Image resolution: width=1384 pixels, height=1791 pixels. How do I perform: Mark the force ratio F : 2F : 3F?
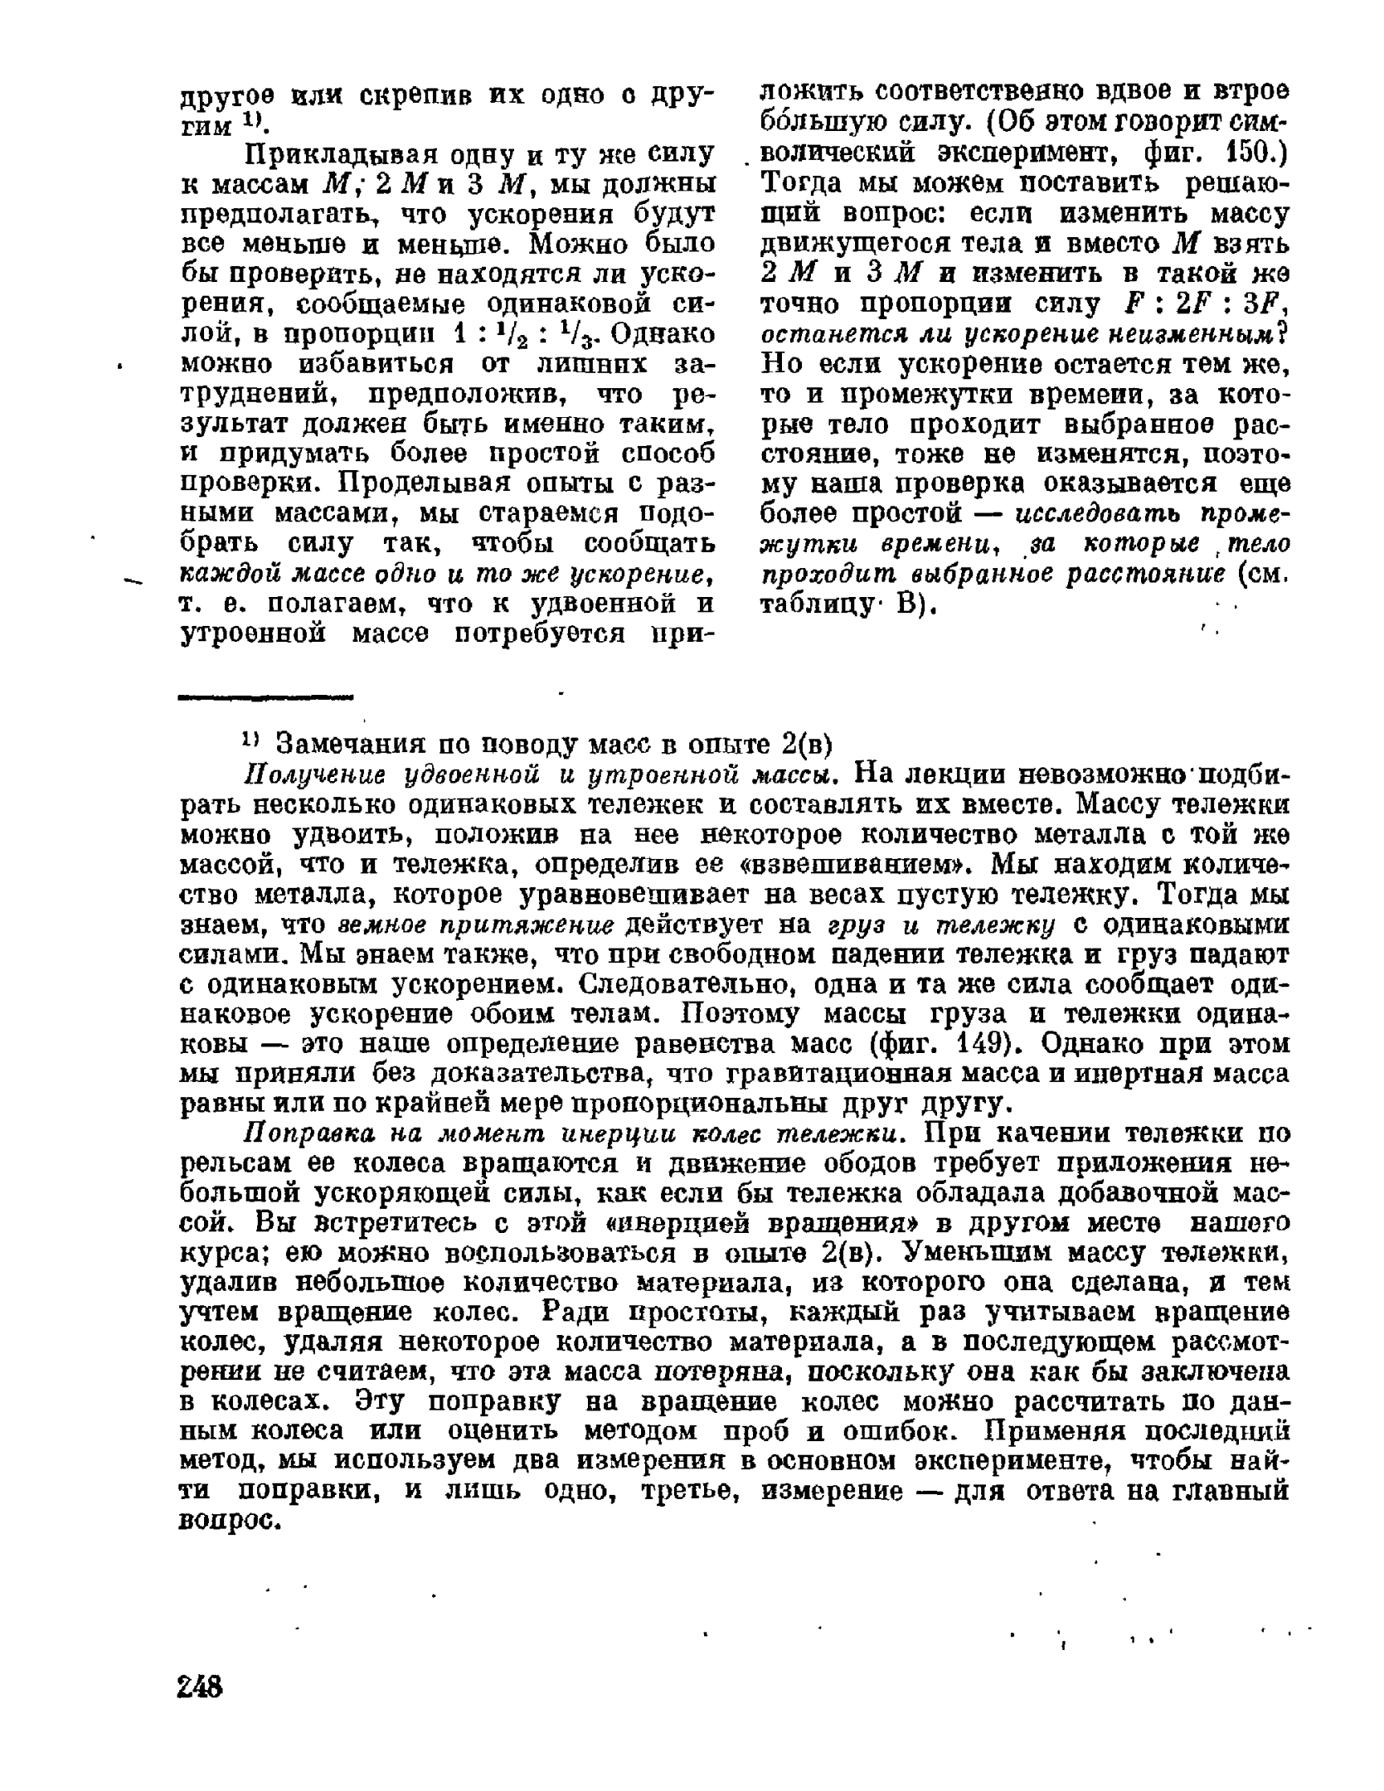(1202, 305)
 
